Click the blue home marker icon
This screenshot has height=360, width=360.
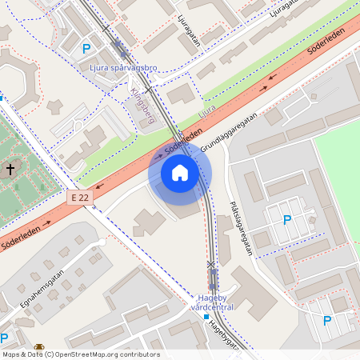click(x=179, y=173)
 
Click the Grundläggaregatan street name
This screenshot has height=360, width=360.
click(x=229, y=133)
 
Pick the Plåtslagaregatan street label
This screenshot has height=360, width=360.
click(x=241, y=228)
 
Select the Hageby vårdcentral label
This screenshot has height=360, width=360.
click(x=214, y=303)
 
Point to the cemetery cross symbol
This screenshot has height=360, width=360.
click(x=10, y=170)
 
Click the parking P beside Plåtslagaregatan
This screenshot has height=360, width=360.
click(x=287, y=219)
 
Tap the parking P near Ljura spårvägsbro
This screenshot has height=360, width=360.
click(x=86, y=48)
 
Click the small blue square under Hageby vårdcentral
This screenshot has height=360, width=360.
click(x=206, y=317)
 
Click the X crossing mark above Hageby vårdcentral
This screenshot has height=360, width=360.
click(x=211, y=264)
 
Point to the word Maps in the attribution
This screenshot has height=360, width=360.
click(x=11, y=354)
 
